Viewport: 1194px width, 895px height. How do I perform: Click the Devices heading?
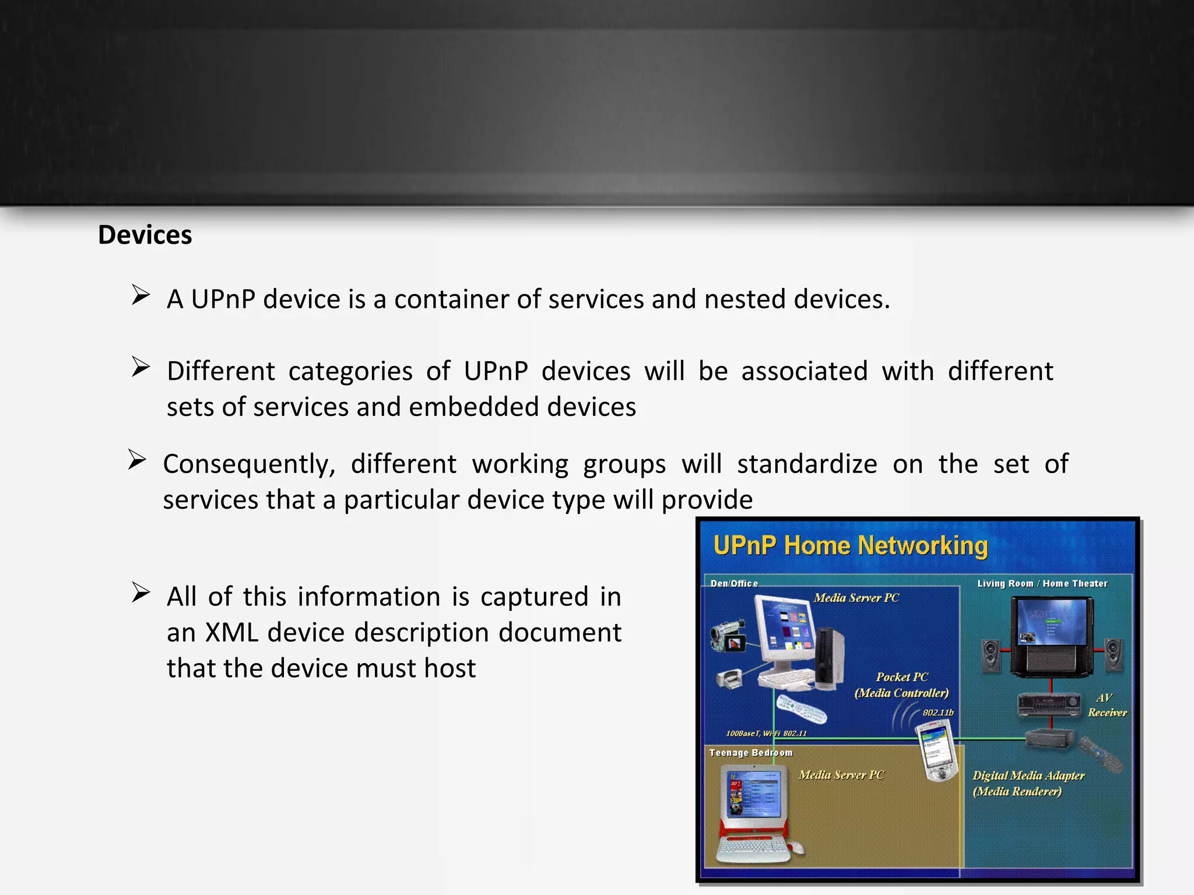pos(145,235)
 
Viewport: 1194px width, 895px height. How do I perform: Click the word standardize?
pos(807,464)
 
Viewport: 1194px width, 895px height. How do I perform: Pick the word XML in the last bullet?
pos(231,633)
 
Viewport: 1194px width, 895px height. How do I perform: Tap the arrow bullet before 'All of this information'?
pos(141,592)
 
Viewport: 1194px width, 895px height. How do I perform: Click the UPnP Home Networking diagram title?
pos(851,546)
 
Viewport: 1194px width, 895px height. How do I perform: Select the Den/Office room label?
pos(734,583)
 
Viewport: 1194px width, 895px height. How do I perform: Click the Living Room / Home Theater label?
pos(1042,583)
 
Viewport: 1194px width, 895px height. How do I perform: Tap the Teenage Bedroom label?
pos(751,753)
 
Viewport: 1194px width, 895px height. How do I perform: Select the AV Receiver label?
pos(1106,705)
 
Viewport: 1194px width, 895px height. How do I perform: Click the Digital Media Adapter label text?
pos(1028,776)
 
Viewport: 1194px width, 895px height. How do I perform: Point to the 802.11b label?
pos(938,713)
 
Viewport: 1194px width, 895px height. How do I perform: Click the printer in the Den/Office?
pos(729,679)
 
